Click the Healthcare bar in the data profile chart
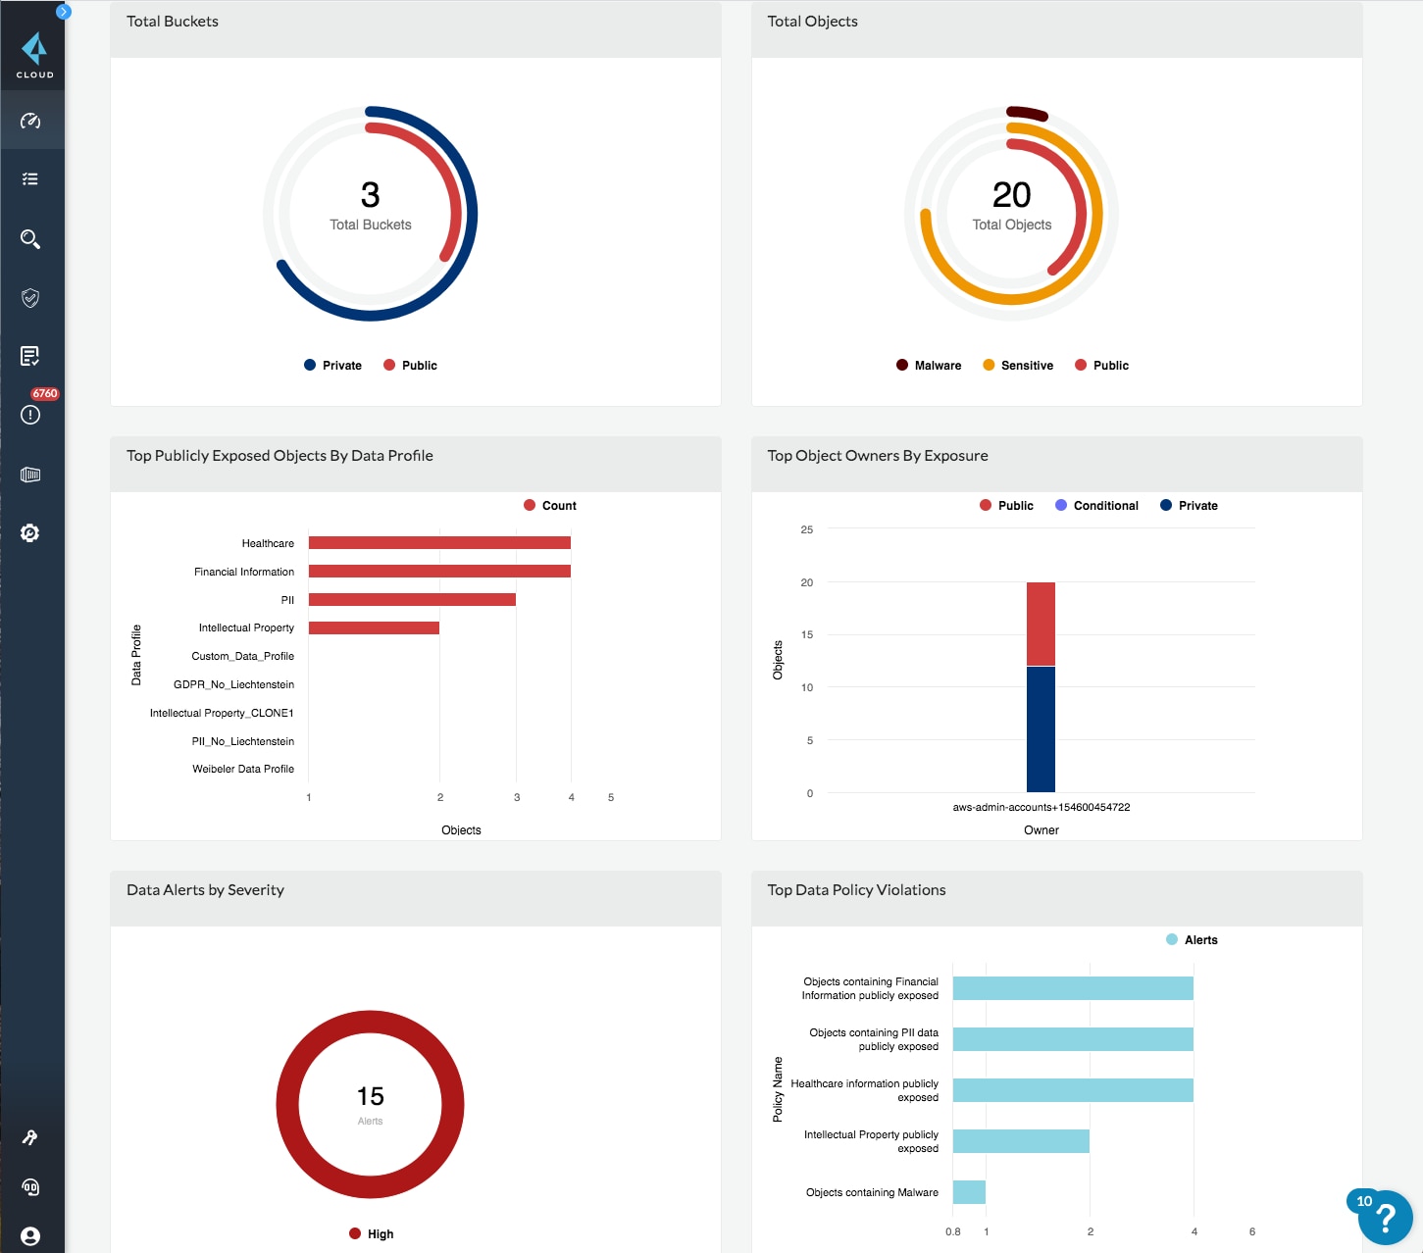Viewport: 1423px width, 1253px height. click(439, 543)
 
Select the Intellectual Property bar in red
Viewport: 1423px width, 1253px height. click(374, 628)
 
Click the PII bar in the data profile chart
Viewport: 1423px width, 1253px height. click(412, 600)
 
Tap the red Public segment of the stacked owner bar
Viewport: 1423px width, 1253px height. click(1041, 624)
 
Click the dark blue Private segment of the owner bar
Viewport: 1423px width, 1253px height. click(1041, 729)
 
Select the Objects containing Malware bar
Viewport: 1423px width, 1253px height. click(969, 1192)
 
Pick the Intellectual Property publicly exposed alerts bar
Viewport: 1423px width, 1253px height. click(1021, 1141)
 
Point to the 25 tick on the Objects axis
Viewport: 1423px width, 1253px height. click(806, 529)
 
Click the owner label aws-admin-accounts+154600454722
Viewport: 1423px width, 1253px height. click(1041, 808)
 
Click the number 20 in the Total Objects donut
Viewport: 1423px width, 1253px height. click(1011, 195)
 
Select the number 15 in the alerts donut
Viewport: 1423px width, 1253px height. click(370, 1096)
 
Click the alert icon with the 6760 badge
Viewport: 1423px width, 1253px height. click(30, 415)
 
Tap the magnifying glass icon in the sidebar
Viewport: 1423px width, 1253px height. click(30, 239)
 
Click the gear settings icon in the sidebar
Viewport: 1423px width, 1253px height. click(30, 533)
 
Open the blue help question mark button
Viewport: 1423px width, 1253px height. click(1385, 1218)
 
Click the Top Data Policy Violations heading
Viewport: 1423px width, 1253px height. click(856, 890)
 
